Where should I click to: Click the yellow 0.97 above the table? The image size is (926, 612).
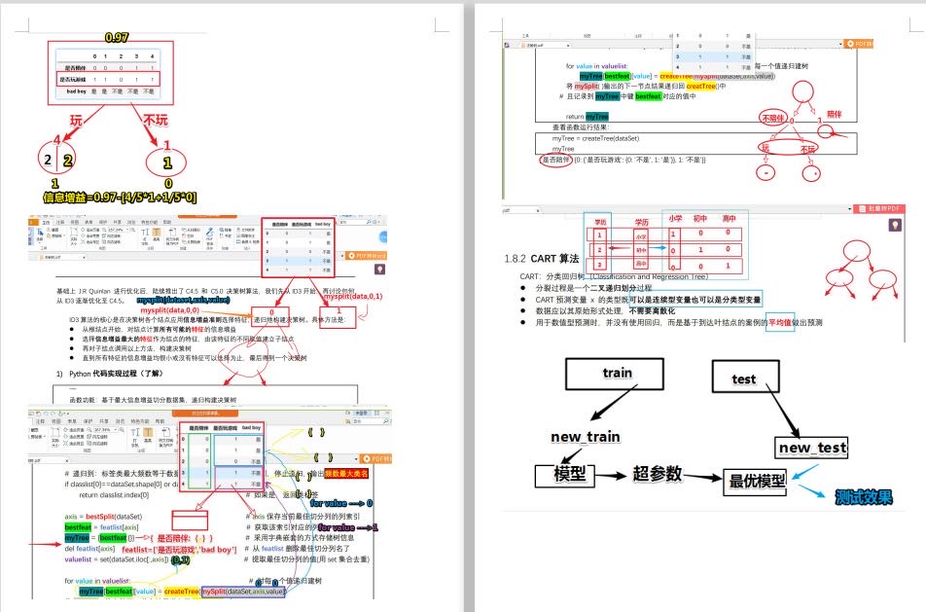(x=117, y=38)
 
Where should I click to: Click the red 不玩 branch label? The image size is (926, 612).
(x=156, y=121)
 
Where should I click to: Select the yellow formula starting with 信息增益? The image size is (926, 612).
(x=120, y=198)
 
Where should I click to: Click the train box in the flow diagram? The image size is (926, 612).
(x=617, y=373)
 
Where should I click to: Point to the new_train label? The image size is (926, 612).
(x=586, y=437)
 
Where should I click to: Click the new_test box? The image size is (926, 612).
(x=811, y=448)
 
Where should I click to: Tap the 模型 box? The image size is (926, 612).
(x=568, y=475)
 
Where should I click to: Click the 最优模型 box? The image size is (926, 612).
(x=756, y=481)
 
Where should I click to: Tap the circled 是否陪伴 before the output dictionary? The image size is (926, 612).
(x=555, y=159)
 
